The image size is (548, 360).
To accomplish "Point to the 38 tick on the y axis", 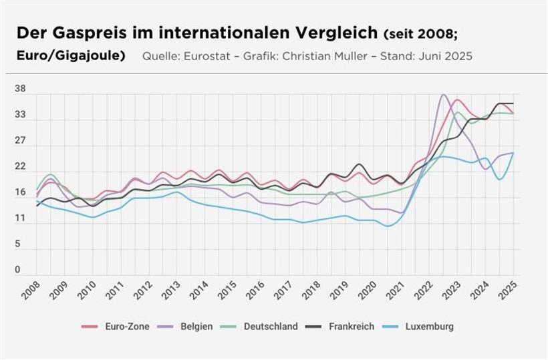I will point(21,89).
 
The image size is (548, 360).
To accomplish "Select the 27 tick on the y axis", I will point(21,141).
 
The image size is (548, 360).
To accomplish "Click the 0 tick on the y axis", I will point(18,270).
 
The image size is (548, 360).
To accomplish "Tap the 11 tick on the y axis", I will point(20,218).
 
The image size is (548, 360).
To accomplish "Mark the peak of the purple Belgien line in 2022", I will point(443,95).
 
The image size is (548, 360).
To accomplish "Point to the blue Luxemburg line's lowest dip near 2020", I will point(388,226).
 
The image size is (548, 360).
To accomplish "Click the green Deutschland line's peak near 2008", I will point(49,174).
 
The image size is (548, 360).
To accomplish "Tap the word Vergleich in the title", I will point(329,33).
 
